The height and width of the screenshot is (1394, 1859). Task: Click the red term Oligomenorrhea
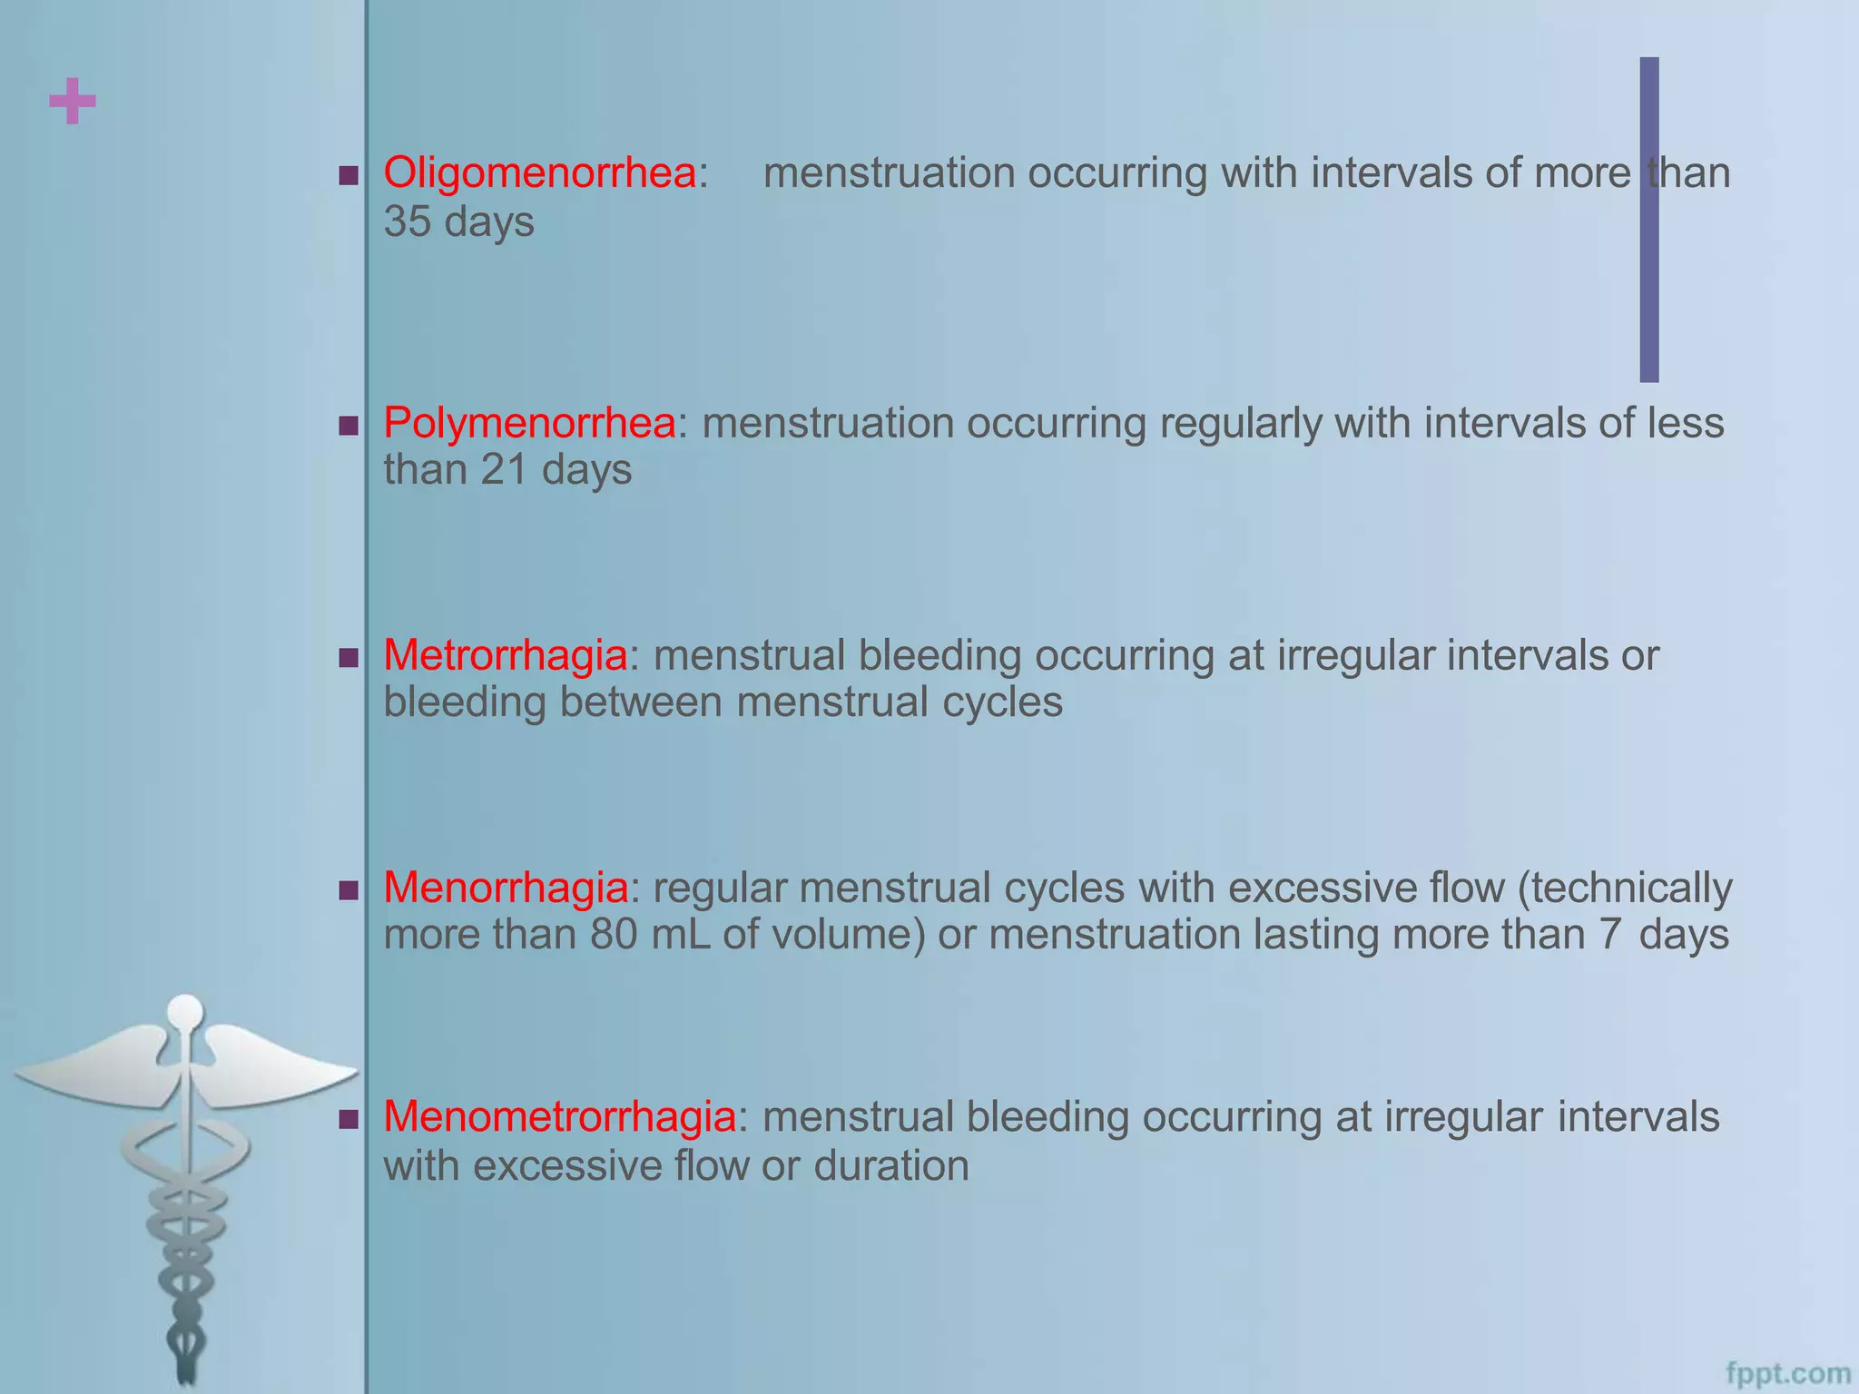pyautogui.click(x=539, y=172)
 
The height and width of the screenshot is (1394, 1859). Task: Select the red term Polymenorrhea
pyautogui.click(x=529, y=423)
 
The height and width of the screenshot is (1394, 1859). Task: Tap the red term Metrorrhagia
pyautogui.click(x=505, y=655)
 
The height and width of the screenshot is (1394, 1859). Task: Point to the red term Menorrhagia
pyautogui.click(x=506, y=888)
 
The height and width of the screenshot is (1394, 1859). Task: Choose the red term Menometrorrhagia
pyautogui.click(x=559, y=1117)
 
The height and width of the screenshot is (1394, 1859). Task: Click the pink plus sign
pyautogui.click(x=73, y=101)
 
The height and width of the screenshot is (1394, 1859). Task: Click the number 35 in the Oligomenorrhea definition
pyautogui.click(x=407, y=221)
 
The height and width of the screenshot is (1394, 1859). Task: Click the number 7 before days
pyautogui.click(x=1609, y=935)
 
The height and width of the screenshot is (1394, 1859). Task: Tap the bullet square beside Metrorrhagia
pyautogui.click(x=349, y=657)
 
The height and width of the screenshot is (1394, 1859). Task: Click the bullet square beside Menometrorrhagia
pyautogui.click(x=349, y=1119)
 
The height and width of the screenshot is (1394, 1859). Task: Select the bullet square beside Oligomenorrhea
pyautogui.click(x=349, y=174)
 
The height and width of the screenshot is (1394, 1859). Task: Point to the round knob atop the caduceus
pyautogui.click(x=186, y=1012)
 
